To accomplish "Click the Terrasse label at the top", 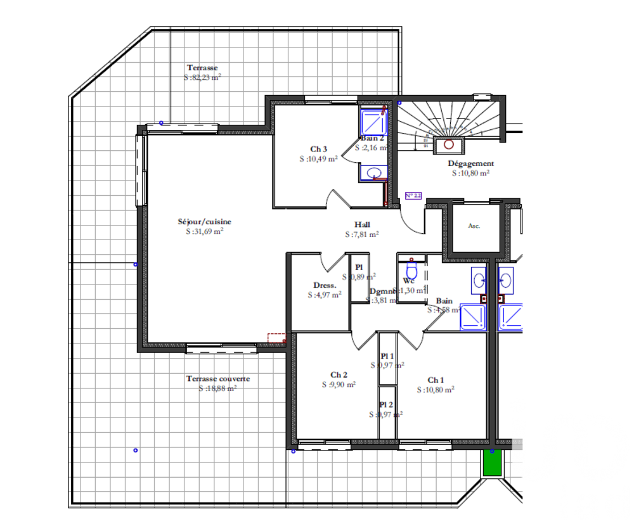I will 202,68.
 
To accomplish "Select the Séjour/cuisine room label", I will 204,222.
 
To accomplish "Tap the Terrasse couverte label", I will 217,379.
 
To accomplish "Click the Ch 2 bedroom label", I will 339,374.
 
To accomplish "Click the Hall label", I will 363,224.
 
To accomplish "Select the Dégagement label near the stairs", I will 470,163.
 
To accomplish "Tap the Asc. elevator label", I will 474,226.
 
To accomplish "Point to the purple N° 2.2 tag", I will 413,196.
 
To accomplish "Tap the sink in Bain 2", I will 373,172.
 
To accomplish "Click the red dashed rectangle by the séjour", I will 276,338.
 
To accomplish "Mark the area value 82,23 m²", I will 202,77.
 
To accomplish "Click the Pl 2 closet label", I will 386,405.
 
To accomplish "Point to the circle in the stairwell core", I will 449,144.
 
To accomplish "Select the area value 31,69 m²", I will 204,231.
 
